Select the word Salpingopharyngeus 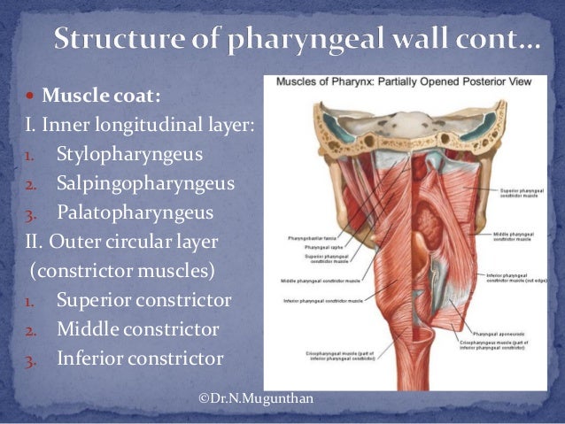[x=145, y=184]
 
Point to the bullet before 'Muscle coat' [x=31, y=96]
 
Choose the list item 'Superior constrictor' [x=143, y=301]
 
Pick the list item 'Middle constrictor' [x=137, y=329]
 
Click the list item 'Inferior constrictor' [x=139, y=358]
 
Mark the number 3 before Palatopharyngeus [x=27, y=214]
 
